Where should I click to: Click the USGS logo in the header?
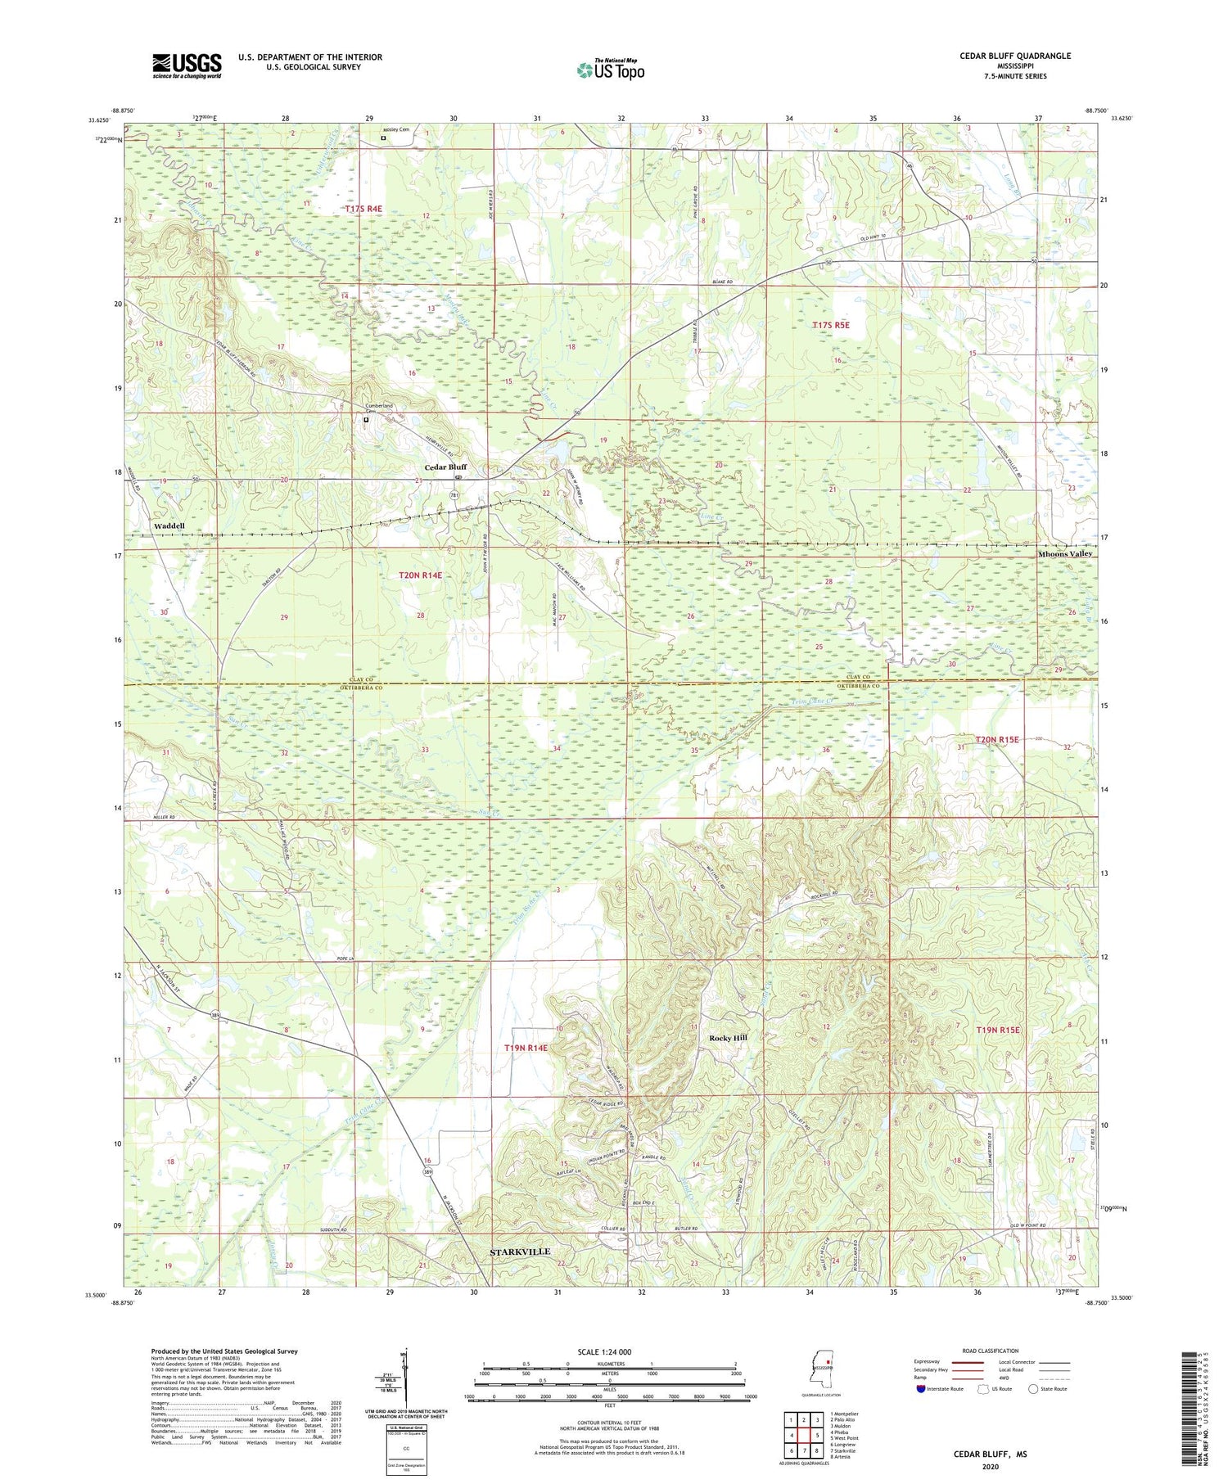(187, 65)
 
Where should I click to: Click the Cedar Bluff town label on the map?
(445, 467)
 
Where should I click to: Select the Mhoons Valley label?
(1064, 554)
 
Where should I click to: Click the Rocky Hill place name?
(728, 1038)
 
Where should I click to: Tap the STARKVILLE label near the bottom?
(520, 1252)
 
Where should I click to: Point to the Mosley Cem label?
(394, 129)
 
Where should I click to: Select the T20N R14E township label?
(420, 575)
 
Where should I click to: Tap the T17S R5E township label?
(830, 325)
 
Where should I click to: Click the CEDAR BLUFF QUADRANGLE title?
(1015, 56)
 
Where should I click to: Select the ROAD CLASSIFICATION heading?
(991, 1351)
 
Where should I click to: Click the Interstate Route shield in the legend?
(921, 1389)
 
